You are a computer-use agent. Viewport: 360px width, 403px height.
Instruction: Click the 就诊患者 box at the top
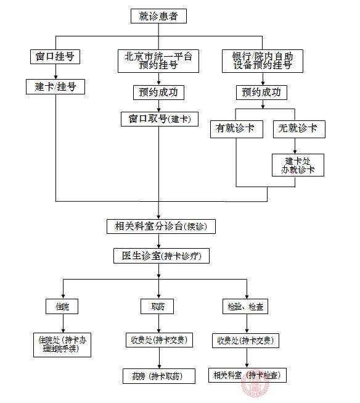coord(158,16)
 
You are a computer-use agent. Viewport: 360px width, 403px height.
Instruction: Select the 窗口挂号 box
coord(55,57)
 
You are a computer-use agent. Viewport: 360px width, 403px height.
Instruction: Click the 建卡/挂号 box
coord(55,87)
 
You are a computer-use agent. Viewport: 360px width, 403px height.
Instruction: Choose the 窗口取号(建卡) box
coord(159,118)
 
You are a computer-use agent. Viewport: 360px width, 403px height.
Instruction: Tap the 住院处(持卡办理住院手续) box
coord(63,344)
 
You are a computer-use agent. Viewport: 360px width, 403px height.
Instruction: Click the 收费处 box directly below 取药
coord(158,340)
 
